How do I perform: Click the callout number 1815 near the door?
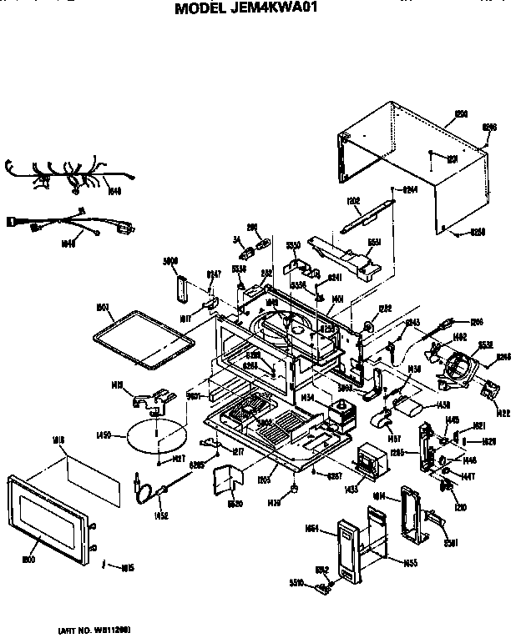pos(127,569)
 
